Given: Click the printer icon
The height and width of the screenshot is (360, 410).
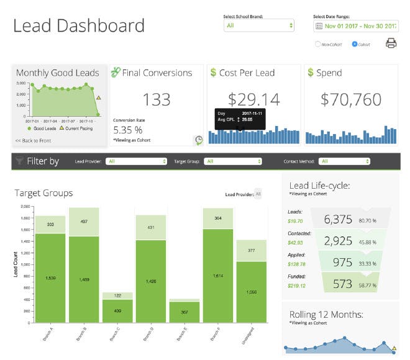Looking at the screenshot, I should pos(391,43).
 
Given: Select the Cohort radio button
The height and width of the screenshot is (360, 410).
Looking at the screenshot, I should pos(355,44).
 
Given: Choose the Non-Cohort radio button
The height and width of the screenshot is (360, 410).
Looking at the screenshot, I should pos(319,44).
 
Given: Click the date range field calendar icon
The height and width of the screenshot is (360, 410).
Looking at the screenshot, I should pos(319,26).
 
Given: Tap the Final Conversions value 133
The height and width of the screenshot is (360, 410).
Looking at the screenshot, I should pos(157,99).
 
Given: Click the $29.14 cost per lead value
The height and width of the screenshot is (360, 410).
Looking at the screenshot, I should pos(253,99).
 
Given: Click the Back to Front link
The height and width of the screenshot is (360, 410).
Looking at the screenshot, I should pos(33,141).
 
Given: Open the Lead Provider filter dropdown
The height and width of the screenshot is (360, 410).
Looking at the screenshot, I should pos(137,161).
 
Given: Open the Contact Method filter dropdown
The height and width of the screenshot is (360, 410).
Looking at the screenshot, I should pos(345,161).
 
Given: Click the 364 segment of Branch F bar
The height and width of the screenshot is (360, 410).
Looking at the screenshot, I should pos(218,218).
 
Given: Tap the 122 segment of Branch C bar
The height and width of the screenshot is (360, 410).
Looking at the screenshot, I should pos(117,295).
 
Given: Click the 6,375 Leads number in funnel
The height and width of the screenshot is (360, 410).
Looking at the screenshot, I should pos(338,219).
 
